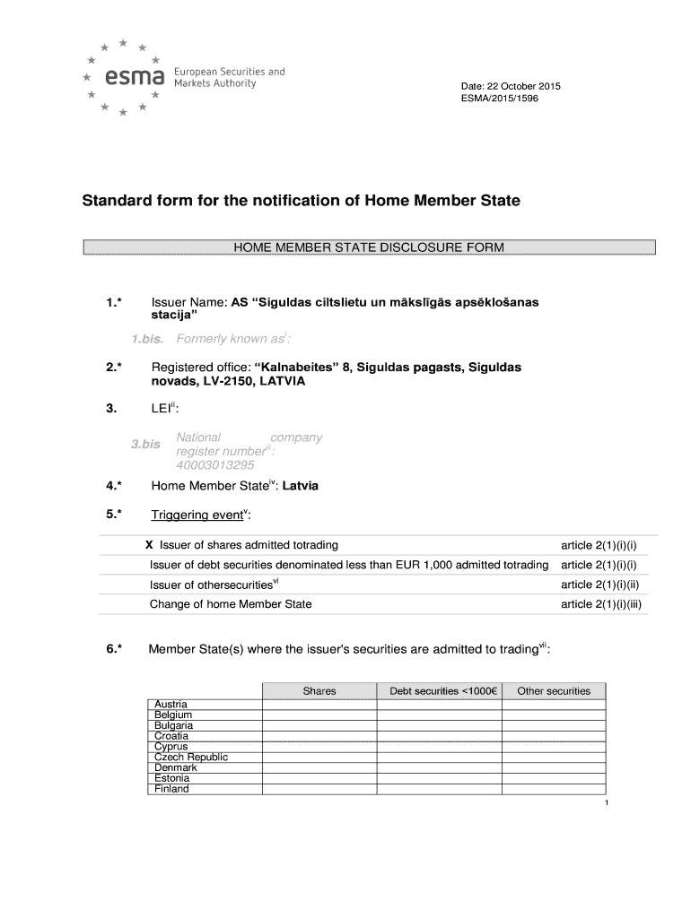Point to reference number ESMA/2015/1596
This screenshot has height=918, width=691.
pos(499,99)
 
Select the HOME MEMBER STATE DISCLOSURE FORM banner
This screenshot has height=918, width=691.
pos(369,247)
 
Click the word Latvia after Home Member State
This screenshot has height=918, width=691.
pos(301,487)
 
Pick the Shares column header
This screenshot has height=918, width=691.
pos(319,691)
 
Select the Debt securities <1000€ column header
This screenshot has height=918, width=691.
pos(439,691)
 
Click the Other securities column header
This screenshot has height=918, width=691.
pos(554,691)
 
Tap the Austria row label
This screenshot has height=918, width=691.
pos(171,704)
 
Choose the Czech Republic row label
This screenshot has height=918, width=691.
pos(191,758)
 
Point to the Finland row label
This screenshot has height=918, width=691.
pos(171,790)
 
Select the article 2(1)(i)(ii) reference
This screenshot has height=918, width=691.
pos(602,585)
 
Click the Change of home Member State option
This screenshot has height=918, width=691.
pos(231,604)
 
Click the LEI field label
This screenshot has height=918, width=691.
pos(164,410)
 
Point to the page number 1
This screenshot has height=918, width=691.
pos(608,803)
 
